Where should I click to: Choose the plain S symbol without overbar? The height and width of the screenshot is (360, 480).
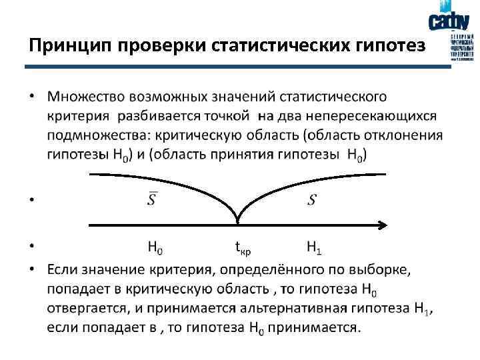(x=312, y=199)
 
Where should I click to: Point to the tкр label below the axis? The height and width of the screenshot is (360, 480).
(x=242, y=248)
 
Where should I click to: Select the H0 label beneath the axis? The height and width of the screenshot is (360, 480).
(x=154, y=247)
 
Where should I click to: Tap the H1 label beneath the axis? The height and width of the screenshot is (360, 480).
(x=314, y=247)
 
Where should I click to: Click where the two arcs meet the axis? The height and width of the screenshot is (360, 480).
(x=238, y=221)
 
